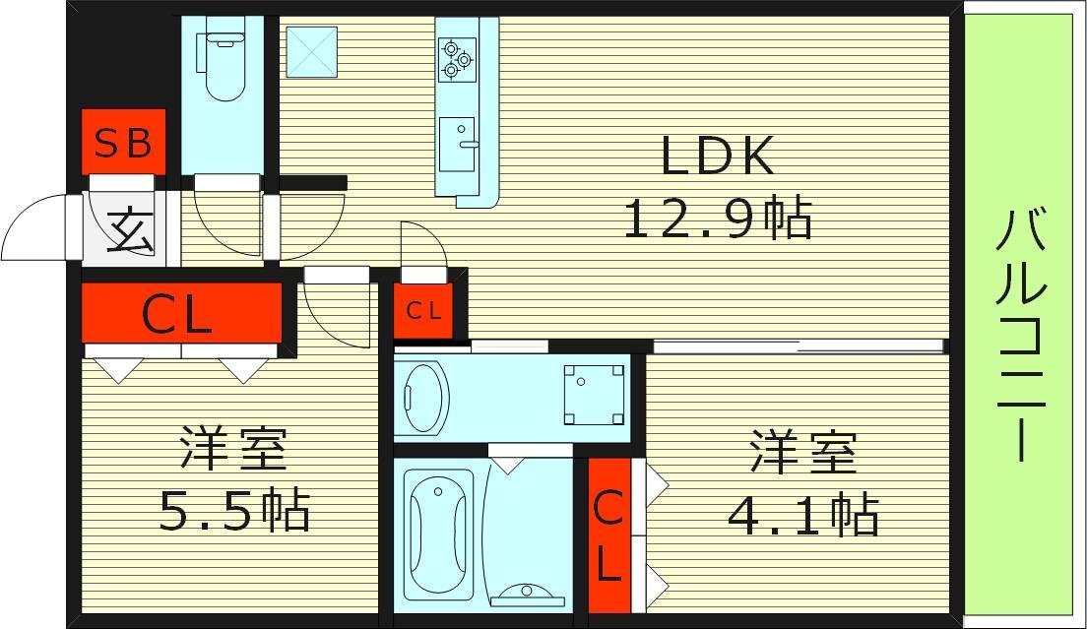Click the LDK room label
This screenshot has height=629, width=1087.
719,157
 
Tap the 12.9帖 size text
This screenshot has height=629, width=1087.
718,218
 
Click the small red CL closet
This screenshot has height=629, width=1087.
424,311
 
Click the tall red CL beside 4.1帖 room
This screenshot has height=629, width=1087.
608,536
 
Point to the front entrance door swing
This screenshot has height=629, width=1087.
37,228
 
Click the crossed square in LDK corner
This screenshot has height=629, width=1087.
311,52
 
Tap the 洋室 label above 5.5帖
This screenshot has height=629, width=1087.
233,451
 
